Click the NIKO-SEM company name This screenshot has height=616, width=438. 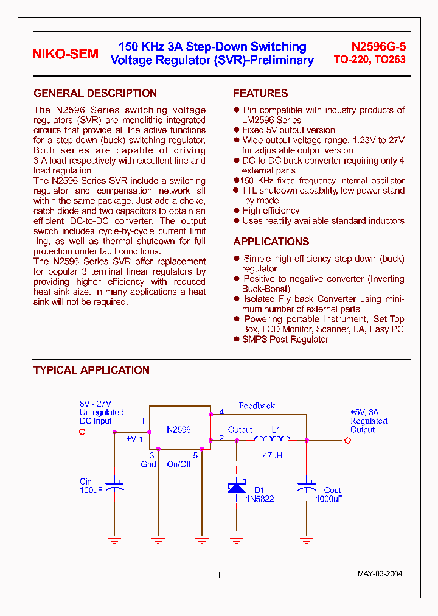(65, 54)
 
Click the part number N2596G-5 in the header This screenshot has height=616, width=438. (378, 47)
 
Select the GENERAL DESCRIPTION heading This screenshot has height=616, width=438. (95, 93)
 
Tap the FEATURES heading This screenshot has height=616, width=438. (260, 93)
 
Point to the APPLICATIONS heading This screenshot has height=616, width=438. (271, 242)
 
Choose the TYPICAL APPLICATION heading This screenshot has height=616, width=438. (91, 370)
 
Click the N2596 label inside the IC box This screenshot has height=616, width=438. (179, 430)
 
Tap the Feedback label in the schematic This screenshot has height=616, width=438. (257, 405)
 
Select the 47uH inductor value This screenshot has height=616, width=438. (272, 455)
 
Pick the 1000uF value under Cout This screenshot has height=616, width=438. (329, 499)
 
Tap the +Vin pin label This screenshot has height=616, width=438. (134, 439)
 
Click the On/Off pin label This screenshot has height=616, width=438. (179, 464)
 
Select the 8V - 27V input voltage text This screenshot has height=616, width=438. (96, 404)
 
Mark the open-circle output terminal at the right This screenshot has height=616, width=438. (347, 441)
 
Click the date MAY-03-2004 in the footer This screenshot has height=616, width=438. (380, 574)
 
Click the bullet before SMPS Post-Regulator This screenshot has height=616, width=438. (237, 339)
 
